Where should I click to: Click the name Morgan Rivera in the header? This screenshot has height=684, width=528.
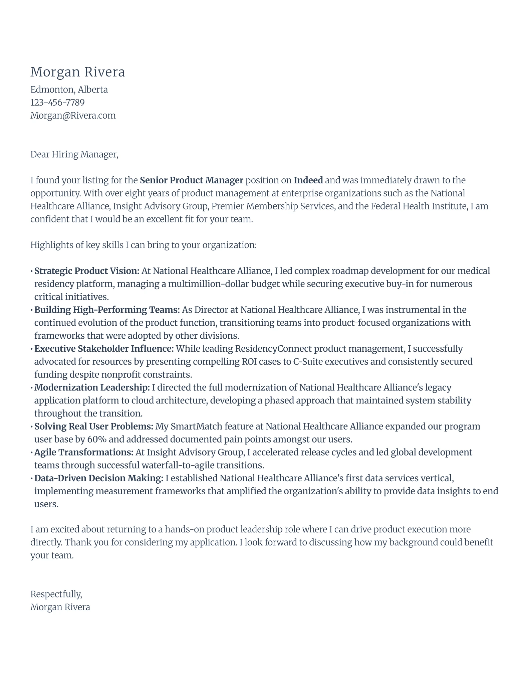[77, 72]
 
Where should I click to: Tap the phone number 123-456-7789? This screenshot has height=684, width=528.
[57, 103]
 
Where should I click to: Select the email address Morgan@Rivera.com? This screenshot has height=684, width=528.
[73, 116]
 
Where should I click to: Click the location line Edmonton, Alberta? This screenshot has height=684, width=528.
[69, 90]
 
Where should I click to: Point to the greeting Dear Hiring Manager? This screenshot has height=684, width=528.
[74, 154]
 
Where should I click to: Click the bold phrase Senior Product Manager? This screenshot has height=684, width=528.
[191, 180]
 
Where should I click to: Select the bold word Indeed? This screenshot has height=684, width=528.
[308, 180]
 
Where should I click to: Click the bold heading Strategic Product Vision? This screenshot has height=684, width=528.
[87, 271]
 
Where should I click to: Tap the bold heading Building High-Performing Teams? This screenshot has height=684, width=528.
[107, 310]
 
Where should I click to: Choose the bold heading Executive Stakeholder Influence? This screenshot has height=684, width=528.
[104, 349]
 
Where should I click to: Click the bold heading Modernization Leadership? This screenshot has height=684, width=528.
[92, 388]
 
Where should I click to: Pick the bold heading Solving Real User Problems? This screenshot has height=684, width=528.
[93, 426]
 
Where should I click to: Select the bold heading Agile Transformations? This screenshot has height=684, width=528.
[84, 453]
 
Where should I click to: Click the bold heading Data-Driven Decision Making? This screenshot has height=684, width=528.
[99, 478]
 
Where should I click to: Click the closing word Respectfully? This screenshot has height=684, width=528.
[56, 594]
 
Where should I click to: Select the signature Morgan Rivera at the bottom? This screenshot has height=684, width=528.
[60, 607]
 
